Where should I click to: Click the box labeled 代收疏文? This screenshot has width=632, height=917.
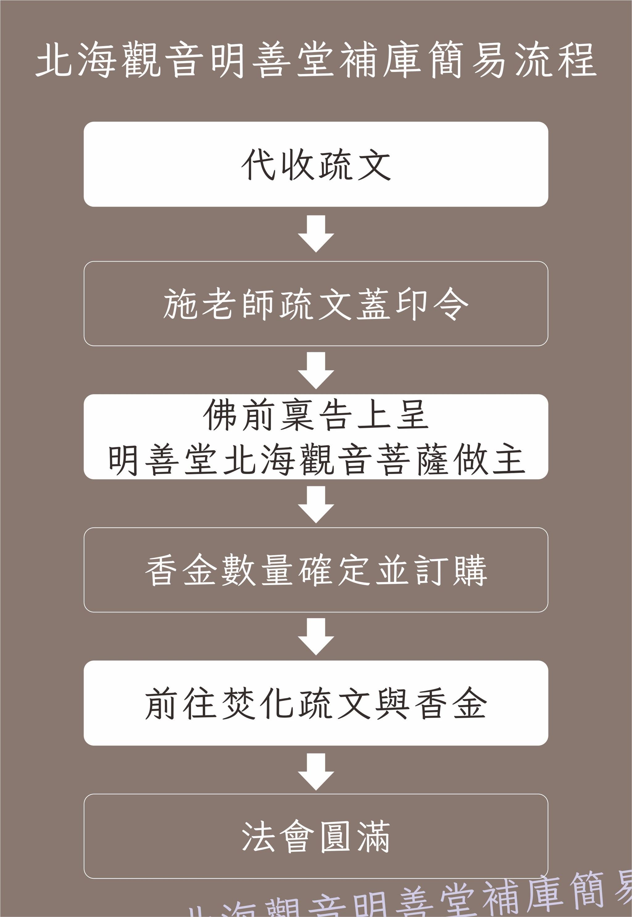tap(316, 164)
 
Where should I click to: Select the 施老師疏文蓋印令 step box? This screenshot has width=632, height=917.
tap(316, 304)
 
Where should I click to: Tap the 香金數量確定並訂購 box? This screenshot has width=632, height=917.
tap(316, 570)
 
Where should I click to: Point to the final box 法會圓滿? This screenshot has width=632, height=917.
tap(316, 836)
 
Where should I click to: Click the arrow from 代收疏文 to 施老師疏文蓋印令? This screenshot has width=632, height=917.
tap(316, 233)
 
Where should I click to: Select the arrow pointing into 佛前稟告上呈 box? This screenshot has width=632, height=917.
tap(316, 370)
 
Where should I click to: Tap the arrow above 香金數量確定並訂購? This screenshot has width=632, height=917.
tap(316, 504)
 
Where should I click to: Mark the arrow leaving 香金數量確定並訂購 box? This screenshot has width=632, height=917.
tap(316, 636)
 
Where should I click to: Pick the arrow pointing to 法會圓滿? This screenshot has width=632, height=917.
tap(316, 771)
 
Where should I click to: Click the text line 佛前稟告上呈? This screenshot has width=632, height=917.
tap(316, 415)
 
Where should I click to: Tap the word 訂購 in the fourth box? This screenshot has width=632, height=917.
tap(451, 570)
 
